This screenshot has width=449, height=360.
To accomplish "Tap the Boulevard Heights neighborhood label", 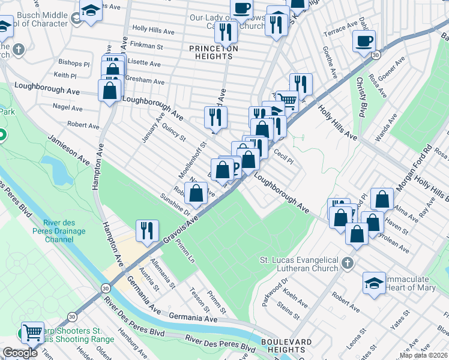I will [286, 346].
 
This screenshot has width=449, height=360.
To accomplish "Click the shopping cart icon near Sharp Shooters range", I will [32, 331].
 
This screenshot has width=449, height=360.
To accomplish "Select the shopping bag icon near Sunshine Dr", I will [196, 193].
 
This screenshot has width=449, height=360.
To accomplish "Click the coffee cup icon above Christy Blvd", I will [364, 41].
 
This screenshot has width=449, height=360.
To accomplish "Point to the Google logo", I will [20, 353].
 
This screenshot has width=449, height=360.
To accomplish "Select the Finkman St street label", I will [147, 46].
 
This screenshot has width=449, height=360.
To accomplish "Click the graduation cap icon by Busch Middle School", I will [91, 11].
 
